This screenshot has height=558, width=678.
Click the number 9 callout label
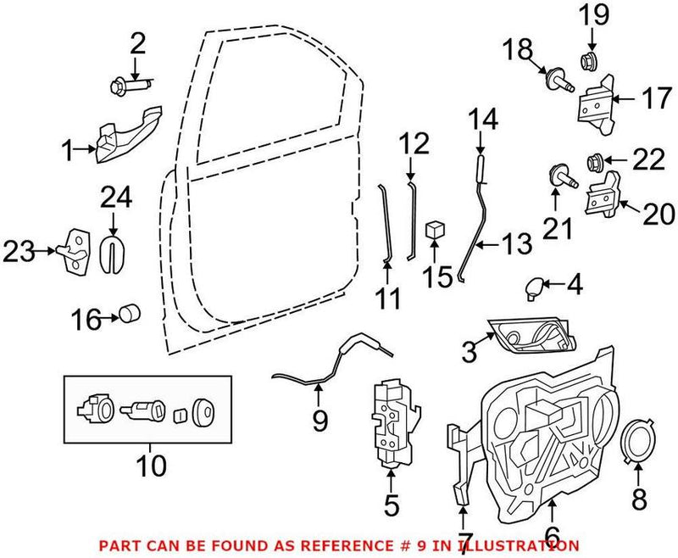(x=319, y=420)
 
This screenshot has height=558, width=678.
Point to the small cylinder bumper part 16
(x=129, y=315)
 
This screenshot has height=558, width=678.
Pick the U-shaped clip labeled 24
(x=111, y=251)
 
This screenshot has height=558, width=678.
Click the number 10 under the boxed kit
(x=153, y=465)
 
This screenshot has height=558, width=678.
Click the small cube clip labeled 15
(x=436, y=229)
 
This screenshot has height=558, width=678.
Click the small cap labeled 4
(x=534, y=288)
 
